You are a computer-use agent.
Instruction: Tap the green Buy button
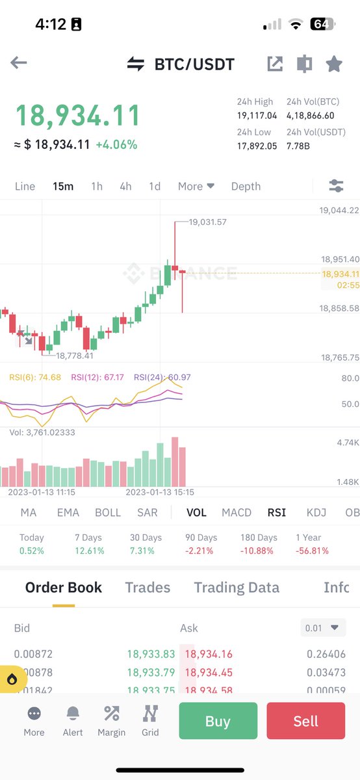click(218, 721)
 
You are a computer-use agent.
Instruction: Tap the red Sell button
click(305, 721)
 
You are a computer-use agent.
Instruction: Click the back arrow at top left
click(18, 63)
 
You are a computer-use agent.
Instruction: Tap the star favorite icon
click(334, 64)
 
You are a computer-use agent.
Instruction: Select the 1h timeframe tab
click(97, 187)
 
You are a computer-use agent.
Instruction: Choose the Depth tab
click(246, 187)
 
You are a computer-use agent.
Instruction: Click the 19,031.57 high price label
click(207, 222)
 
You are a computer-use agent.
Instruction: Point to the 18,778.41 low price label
click(75, 356)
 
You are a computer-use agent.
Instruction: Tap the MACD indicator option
click(237, 512)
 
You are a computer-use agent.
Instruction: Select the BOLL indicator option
click(108, 512)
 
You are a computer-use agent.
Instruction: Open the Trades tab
click(148, 588)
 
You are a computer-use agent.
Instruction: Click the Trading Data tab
click(237, 588)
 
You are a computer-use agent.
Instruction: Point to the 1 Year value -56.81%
click(312, 551)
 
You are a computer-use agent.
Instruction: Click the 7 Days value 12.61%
click(90, 551)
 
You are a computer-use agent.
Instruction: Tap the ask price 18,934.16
click(209, 654)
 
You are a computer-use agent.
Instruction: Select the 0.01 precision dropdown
click(324, 628)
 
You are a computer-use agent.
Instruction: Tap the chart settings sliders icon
click(336, 187)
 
